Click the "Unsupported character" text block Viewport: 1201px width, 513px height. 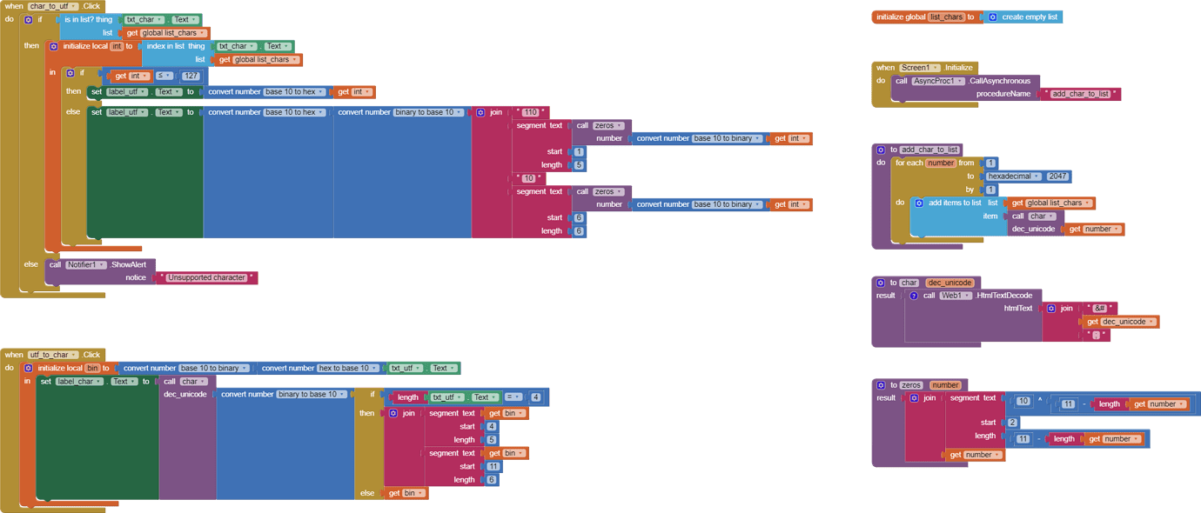pyautogui.click(x=206, y=278)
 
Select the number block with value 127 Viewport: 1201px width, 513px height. pyautogui.click(x=191, y=76)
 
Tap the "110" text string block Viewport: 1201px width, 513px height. pyautogui.click(x=530, y=112)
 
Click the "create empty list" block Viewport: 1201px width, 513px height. pyautogui.click(x=1030, y=17)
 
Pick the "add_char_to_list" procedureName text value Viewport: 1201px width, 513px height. pyautogui.click(x=1080, y=94)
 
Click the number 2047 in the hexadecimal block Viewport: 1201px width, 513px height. pyautogui.click(x=1057, y=176)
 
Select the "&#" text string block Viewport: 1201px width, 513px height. pyautogui.click(x=1099, y=309)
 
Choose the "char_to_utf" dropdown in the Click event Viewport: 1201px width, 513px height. pyautogui.click(x=53, y=6)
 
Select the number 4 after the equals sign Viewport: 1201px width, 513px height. pyautogui.click(x=535, y=397)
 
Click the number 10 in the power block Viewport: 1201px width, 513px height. pyautogui.click(x=1023, y=402)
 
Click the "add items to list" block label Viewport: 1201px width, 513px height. pyautogui.click(x=954, y=203)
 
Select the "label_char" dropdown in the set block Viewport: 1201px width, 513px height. pyautogui.click(x=79, y=382)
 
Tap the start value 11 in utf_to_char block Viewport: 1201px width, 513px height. pyautogui.click(x=493, y=466)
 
